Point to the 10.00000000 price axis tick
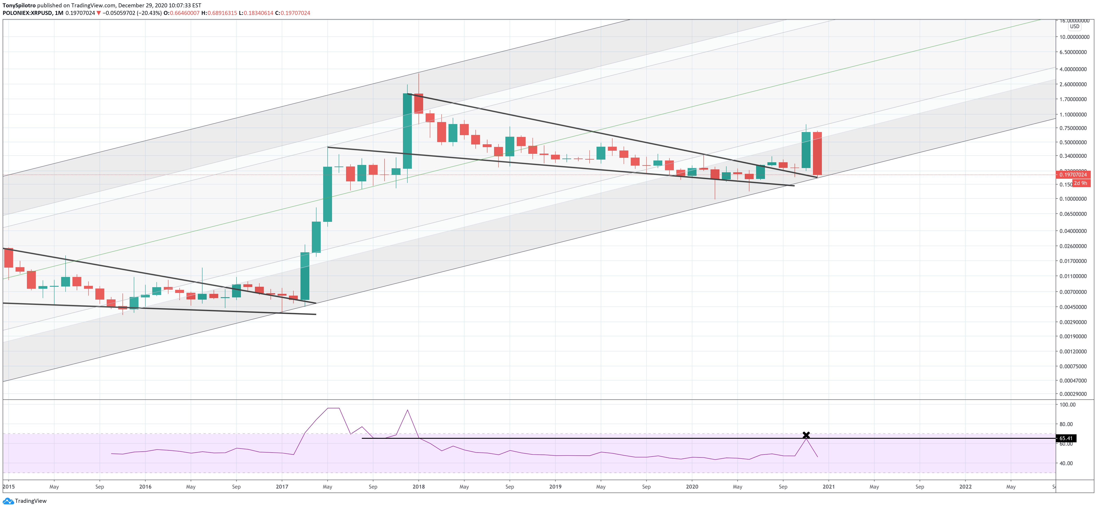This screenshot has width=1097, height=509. pyautogui.click(x=1074, y=37)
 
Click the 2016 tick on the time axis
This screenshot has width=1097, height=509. pyautogui.click(x=145, y=487)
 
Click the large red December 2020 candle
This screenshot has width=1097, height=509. pyautogui.click(x=817, y=153)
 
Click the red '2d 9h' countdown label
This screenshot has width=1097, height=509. pyautogui.click(x=1081, y=183)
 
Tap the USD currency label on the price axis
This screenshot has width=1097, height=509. pyautogui.click(x=1074, y=26)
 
